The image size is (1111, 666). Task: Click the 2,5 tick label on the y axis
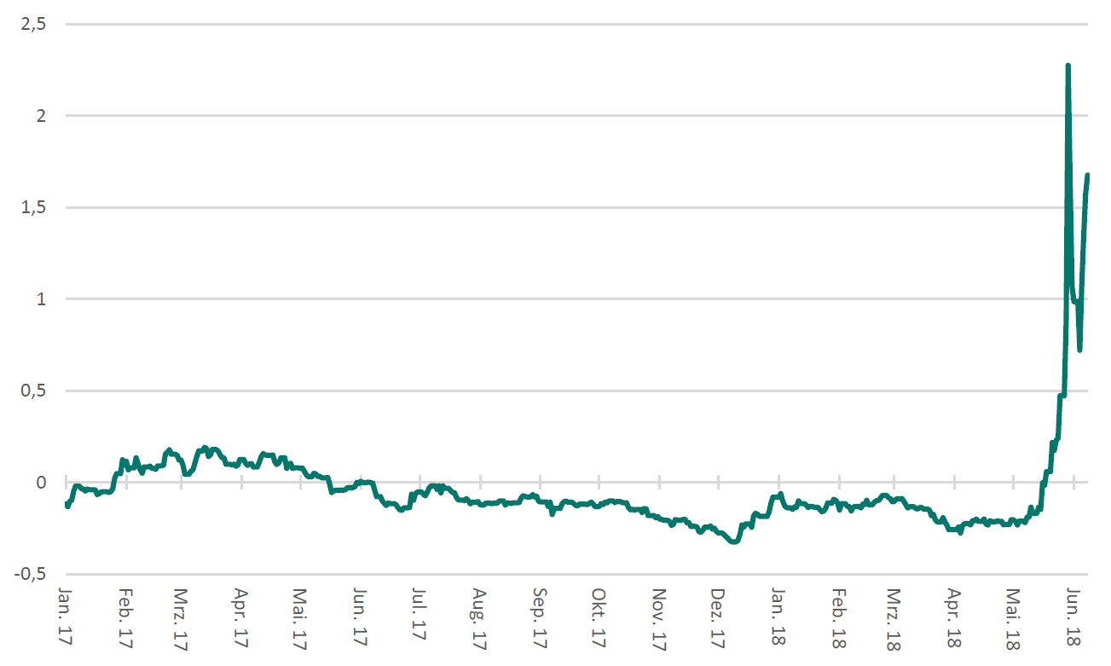pyautogui.click(x=33, y=25)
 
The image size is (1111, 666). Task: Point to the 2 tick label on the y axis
pyautogui.click(x=39, y=116)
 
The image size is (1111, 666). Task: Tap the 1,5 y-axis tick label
pyautogui.click(x=33, y=207)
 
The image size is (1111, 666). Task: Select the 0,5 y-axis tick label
pyautogui.click(x=33, y=391)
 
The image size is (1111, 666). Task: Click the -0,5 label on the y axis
pyautogui.click(x=31, y=574)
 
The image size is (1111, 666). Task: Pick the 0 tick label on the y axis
pyautogui.click(x=39, y=483)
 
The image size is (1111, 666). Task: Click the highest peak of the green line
pyautogui.click(x=1068, y=66)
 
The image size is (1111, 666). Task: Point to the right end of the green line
pyautogui.click(x=1087, y=175)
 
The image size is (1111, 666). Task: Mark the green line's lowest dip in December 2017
pyautogui.click(x=734, y=541)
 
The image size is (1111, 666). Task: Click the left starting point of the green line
pyautogui.click(x=67, y=506)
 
